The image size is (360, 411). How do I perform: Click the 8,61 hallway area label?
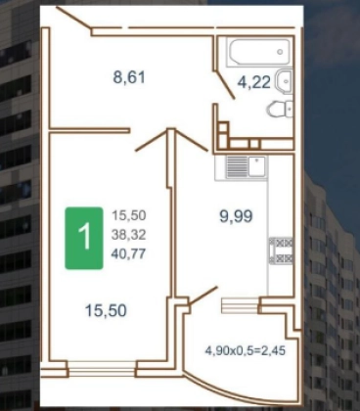(129, 78)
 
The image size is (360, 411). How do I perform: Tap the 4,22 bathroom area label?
(254, 82)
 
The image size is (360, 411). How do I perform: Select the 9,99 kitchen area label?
(237, 216)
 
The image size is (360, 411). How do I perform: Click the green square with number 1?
(84, 238)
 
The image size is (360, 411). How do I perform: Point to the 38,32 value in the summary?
(128, 235)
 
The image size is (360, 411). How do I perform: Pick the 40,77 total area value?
(128, 253)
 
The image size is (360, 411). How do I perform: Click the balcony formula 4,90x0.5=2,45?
(246, 350)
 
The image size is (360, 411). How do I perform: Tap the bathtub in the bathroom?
(259, 53)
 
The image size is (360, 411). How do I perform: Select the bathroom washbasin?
(285, 80)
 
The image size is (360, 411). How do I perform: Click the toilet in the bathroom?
(280, 109)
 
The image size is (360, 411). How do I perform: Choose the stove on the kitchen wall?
(281, 251)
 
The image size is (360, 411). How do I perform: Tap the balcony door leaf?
(202, 296)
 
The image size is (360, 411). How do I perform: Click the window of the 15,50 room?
(102, 369)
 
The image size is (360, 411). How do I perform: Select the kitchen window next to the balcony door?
(241, 305)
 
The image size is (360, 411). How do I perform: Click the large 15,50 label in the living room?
(106, 310)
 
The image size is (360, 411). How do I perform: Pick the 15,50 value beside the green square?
(129, 215)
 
